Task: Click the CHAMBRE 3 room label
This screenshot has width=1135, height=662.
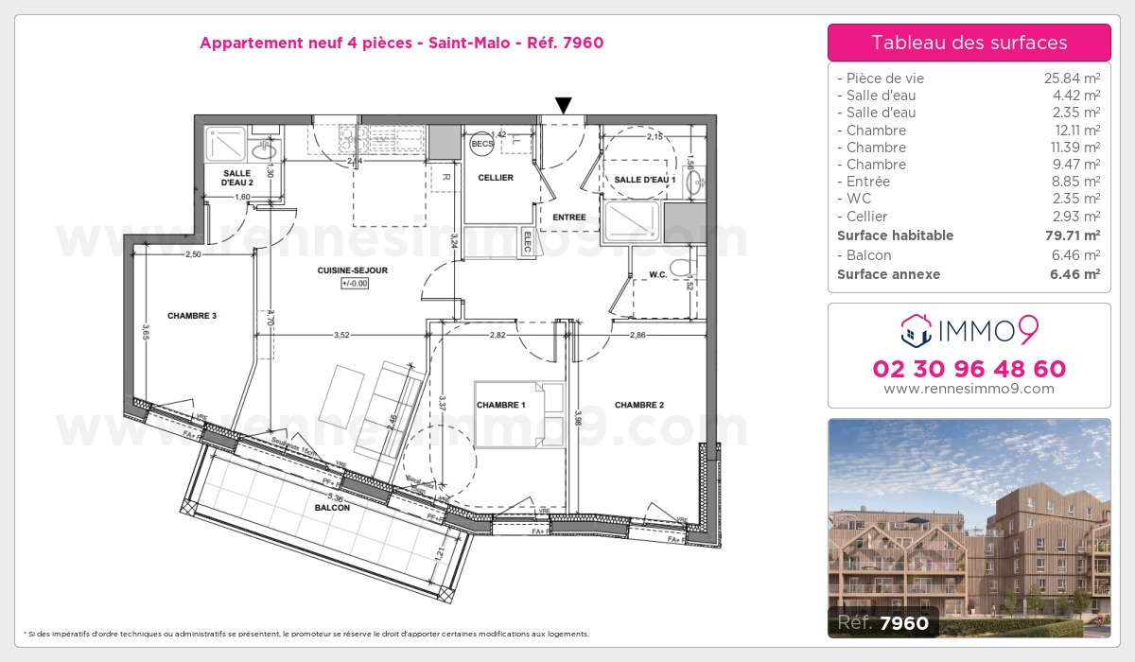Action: pyautogui.click(x=192, y=316)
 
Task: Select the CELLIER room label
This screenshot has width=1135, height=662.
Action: pyautogui.click(x=496, y=178)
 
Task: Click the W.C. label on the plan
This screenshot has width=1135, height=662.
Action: pyautogui.click(x=659, y=276)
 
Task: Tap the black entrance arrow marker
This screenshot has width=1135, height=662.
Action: pyautogui.click(x=563, y=105)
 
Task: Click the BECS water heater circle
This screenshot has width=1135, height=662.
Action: pyautogui.click(x=481, y=143)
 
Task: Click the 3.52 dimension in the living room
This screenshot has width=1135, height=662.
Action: pyautogui.click(x=342, y=334)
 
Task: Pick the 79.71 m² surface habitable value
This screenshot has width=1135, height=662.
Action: pyautogui.click(x=1078, y=235)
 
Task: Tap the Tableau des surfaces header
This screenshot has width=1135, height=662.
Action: pyautogui.click(x=969, y=43)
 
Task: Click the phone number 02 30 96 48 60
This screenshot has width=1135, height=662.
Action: pyautogui.click(x=969, y=369)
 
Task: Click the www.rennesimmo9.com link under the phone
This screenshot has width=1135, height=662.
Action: pyautogui.click(x=969, y=389)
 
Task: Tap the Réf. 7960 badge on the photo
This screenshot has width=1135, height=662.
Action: pyautogui.click(x=883, y=622)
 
